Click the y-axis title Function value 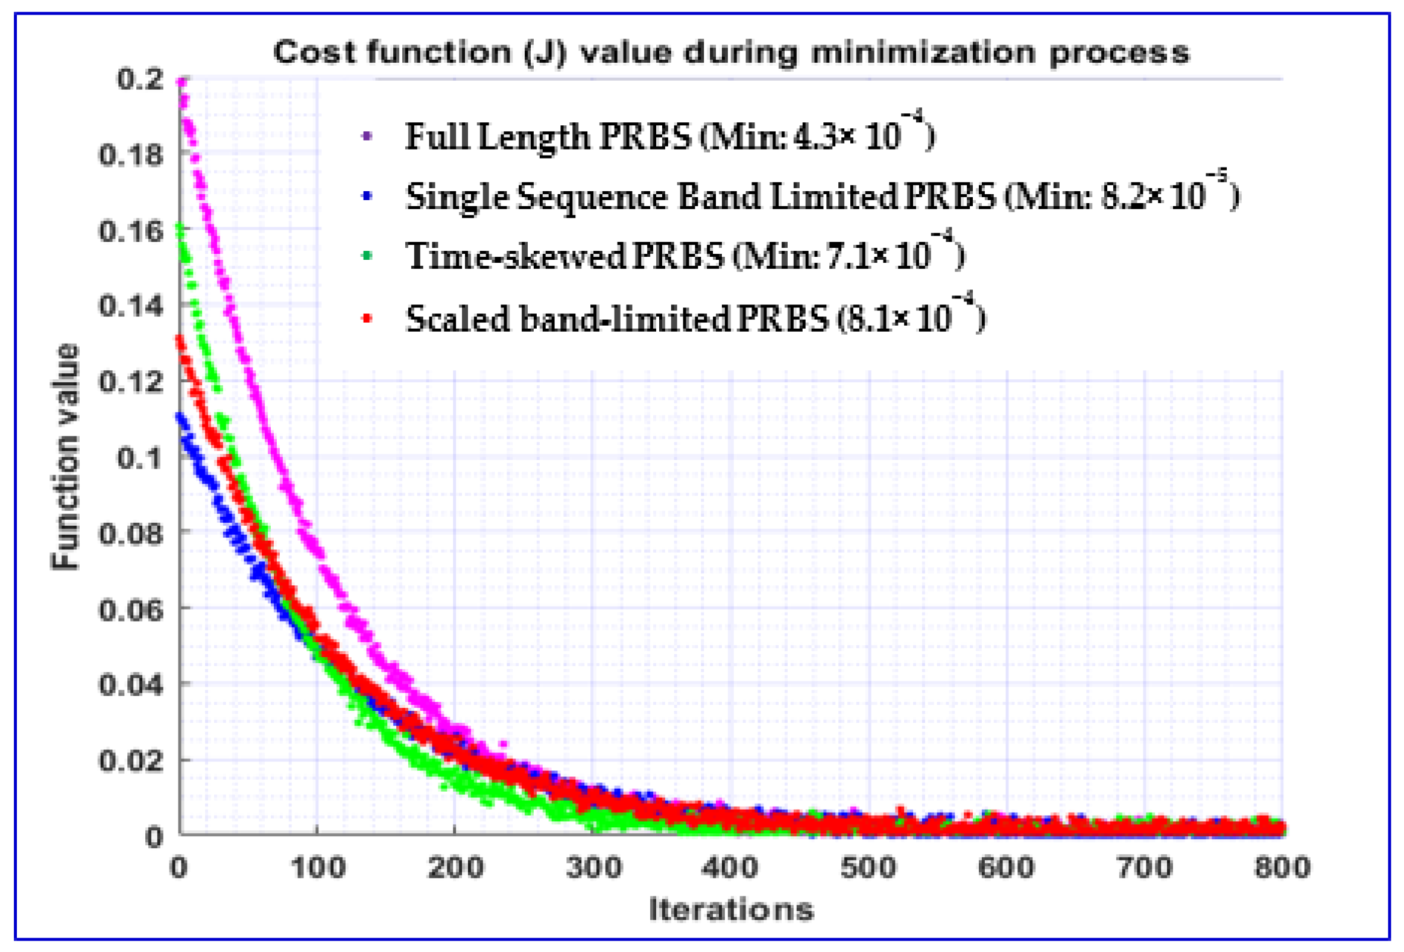click(x=65, y=456)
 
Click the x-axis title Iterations click(x=731, y=910)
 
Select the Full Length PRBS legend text click(x=669, y=136)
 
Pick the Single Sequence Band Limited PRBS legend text click(x=821, y=197)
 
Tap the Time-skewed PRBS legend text click(x=685, y=256)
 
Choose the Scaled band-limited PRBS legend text click(x=695, y=318)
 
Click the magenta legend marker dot click(x=367, y=136)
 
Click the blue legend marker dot click(x=367, y=197)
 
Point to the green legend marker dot click(x=367, y=256)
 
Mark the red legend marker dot click(x=367, y=318)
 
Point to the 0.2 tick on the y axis click(x=140, y=79)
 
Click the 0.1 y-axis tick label click(x=140, y=457)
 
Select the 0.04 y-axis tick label click(x=131, y=684)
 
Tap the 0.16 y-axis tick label click(x=131, y=231)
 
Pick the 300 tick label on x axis click(x=593, y=868)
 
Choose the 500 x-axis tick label click(x=868, y=868)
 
